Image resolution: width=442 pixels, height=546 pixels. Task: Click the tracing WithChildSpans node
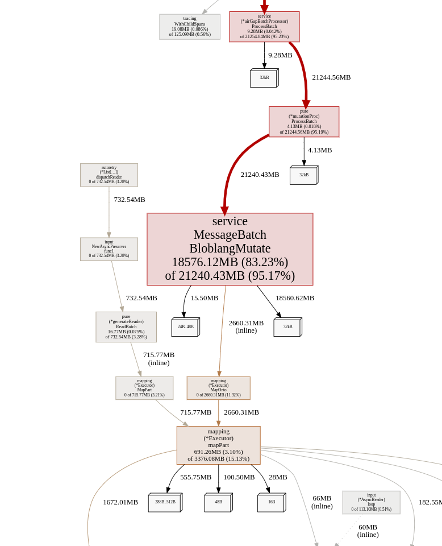(x=190, y=27)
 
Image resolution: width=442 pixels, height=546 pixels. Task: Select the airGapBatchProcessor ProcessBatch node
(x=264, y=27)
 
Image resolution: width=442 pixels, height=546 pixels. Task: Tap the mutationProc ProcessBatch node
(x=304, y=122)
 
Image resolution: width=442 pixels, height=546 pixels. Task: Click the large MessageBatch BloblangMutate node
(x=230, y=249)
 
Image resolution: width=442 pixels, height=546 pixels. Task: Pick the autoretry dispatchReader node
(x=109, y=175)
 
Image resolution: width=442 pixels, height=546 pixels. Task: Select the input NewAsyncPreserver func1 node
(x=109, y=249)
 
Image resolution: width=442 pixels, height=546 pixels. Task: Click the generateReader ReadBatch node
(x=126, y=327)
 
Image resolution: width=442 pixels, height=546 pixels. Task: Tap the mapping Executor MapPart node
(x=144, y=388)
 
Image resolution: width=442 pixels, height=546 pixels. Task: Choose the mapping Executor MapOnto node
(x=218, y=388)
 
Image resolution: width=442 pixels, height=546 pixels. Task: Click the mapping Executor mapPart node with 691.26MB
(x=218, y=445)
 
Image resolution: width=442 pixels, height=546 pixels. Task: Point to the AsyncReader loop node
(x=371, y=502)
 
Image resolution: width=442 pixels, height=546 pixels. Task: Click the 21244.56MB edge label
(x=331, y=77)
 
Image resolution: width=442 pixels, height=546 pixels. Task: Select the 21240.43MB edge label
(x=260, y=175)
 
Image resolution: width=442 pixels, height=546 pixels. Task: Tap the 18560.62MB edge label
(x=295, y=298)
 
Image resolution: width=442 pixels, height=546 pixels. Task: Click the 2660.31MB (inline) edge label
(x=246, y=326)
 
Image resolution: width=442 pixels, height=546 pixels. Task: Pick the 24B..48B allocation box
(x=185, y=328)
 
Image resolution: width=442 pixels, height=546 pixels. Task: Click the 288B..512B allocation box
(x=165, y=503)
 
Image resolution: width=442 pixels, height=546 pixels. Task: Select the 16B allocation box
(x=271, y=503)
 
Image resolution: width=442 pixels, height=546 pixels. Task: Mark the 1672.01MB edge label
(x=120, y=502)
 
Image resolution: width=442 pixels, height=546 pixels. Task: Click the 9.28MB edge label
(x=280, y=55)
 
